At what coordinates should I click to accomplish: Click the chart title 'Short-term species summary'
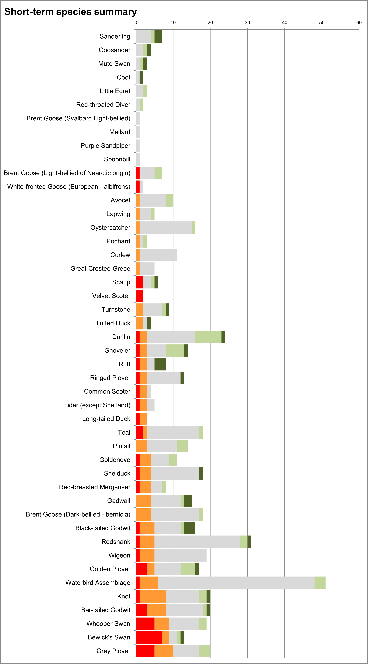tap(71, 12)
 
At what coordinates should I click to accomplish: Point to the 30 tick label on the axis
tap(247, 23)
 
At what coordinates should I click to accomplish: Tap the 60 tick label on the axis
tap(359, 23)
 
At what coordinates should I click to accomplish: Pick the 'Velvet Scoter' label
tap(111, 296)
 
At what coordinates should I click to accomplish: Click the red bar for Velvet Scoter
tap(140, 296)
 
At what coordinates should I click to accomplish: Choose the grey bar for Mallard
tap(138, 132)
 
